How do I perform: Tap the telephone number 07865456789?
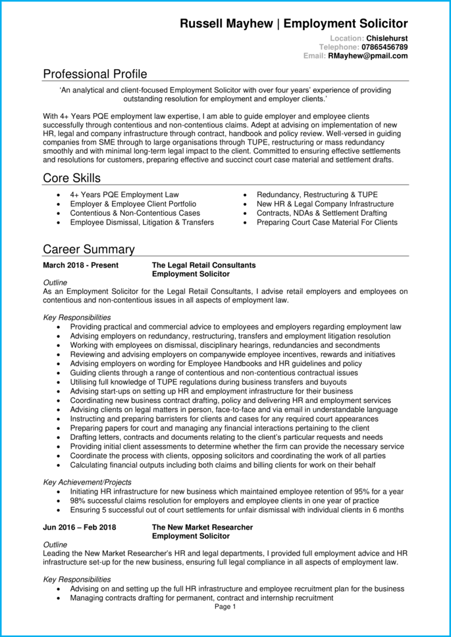(385, 47)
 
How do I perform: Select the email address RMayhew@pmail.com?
(368, 56)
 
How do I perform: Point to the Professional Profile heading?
(95, 74)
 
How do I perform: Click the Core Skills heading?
(72, 178)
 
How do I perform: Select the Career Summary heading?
(89, 249)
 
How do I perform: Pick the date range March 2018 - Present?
(80, 265)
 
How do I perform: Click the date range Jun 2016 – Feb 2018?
(79, 527)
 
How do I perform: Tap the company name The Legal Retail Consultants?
(203, 265)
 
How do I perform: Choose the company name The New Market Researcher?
(202, 527)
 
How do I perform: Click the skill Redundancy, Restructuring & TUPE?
(317, 195)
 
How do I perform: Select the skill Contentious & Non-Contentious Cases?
(135, 213)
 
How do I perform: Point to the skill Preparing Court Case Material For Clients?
(327, 222)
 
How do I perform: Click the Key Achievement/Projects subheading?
(87, 482)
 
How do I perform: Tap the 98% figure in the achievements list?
(78, 501)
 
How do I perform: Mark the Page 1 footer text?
(225, 607)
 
